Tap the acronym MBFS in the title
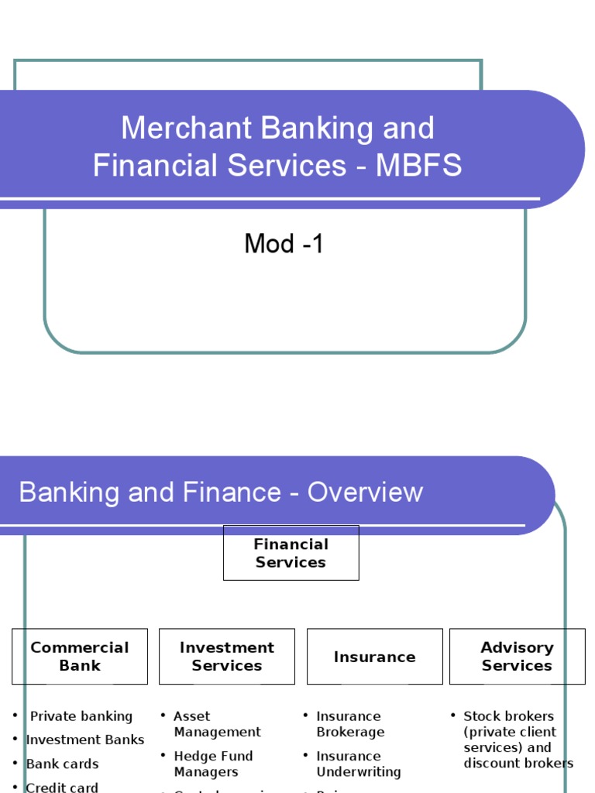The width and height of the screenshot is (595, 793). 418,166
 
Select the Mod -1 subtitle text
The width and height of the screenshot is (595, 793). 284,244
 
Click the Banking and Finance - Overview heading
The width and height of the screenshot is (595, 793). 221,493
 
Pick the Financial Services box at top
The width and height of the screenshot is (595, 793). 291,553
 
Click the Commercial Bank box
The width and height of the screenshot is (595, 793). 80,656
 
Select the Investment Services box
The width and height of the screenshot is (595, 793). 227,656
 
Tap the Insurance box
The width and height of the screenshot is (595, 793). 375,657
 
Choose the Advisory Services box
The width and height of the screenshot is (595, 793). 517,656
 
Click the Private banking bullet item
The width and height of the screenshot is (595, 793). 81,716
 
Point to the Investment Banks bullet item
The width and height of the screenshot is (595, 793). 85,740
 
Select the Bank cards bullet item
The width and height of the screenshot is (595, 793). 62,764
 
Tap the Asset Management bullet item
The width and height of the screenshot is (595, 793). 217,724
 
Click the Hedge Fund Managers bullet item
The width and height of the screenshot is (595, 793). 213,764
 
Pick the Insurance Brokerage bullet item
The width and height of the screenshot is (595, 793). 350,724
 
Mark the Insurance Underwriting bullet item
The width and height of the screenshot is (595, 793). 358,764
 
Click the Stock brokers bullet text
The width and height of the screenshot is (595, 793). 508,716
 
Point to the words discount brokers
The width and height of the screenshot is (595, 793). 518,764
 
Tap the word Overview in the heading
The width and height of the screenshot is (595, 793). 365,493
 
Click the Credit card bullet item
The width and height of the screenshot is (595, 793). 62,787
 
